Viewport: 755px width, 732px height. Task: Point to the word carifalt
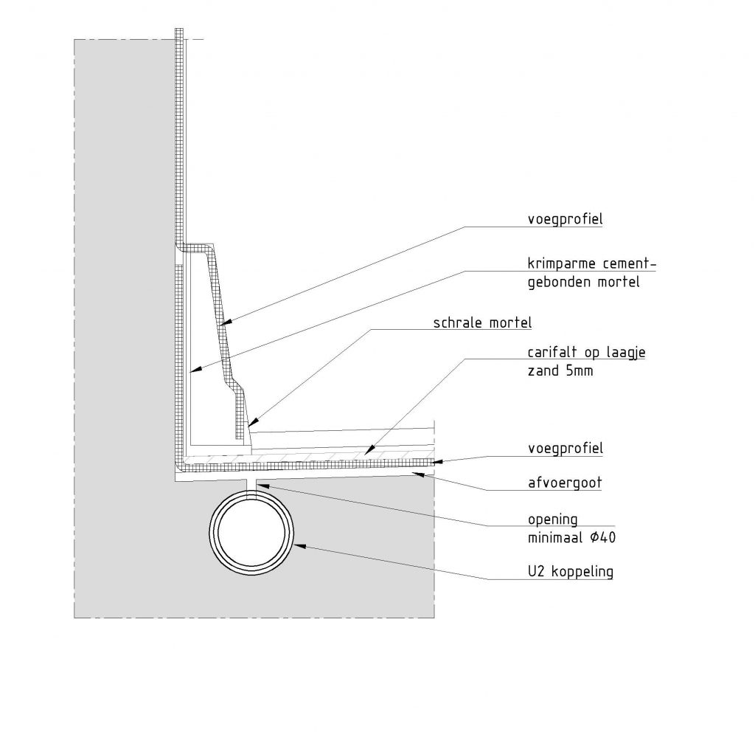[554, 353]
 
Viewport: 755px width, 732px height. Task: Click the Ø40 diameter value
[602, 538]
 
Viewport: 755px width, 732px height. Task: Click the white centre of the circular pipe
[253, 531]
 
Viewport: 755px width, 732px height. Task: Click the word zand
[541, 371]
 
